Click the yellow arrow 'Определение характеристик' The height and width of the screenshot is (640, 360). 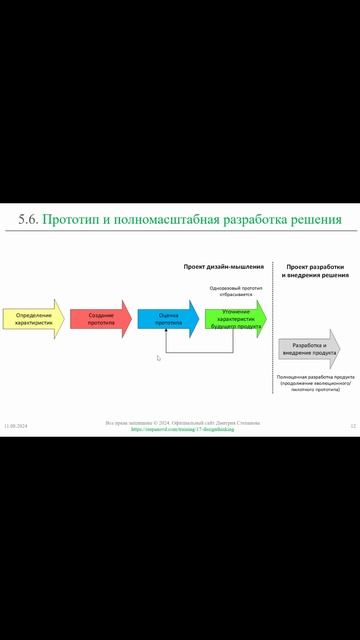pos(32,320)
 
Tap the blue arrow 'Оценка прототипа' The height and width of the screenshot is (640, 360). pos(168,320)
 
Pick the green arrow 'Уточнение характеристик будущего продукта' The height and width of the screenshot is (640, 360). pos(236,319)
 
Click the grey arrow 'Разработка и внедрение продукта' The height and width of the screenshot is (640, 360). pos(308,349)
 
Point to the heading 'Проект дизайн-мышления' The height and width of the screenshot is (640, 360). pos(224,267)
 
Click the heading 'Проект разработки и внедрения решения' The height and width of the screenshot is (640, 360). pos(315,271)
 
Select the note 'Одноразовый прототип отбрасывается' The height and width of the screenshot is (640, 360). pos(237,292)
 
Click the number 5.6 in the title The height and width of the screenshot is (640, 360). pos(29,219)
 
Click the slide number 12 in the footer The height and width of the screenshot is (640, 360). pos(353,427)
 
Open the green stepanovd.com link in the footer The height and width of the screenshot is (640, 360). pos(182,429)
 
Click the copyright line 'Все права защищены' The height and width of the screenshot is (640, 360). pos(182,422)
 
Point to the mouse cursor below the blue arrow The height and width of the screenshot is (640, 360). pos(158,358)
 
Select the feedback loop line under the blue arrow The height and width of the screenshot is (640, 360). pos(199,353)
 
